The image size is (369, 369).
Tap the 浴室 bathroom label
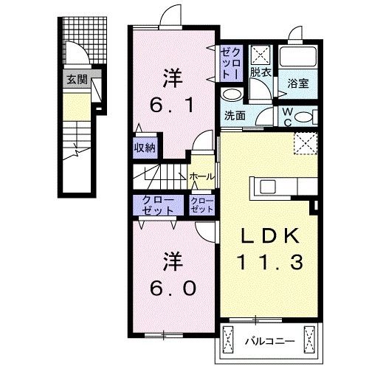click(297, 84)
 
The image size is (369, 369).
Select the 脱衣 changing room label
click(259, 72)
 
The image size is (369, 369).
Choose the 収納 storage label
click(144, 148)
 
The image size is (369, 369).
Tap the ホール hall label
click(202, 176)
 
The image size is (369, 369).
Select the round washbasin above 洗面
click(232, 95)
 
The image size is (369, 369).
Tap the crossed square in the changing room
click(260, 55)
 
